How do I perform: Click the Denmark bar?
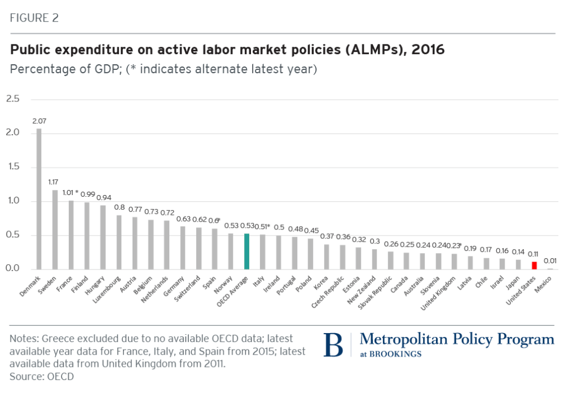pyautogui.click(x=39, y=199)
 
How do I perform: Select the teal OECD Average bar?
pyautogui.click(x=246, y=251)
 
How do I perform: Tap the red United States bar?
pyautogui.click(x=534, y=265)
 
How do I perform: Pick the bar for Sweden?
pyautogui.click(x=55, y=229)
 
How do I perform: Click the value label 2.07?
pyautogui.click(x=39, y=121)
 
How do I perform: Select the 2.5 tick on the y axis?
pyautogui.click(x=12, y=99)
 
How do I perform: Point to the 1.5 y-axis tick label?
pyautogui.click(x=12, y=167)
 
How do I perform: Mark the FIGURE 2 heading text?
pyautogui.click(x=34, y=18)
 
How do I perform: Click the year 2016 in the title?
pyautogui.click(x=428, y=50)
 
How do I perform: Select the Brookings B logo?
pyautogui.click(x=333, y=344)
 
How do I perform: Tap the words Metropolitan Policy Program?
pyautogui.click(x=457, y=339)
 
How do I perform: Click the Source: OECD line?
pyautogui.click(x=42, y=375)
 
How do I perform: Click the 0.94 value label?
pyautogui.click(x=103, y=197)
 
